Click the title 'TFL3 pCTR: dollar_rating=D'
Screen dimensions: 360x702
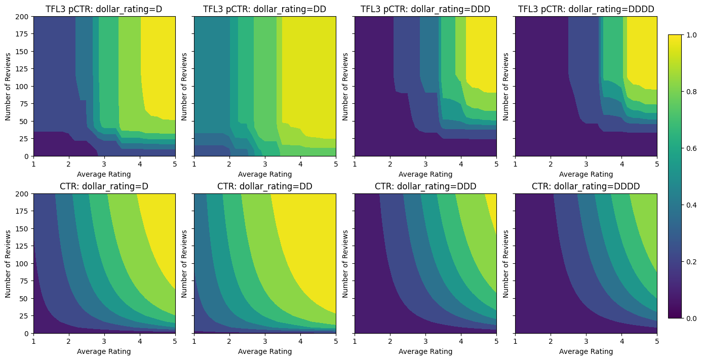click(104, 9)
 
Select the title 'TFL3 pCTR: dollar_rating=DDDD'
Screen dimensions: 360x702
click(586, 9)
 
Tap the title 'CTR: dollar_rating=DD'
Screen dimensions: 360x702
click(265, 186)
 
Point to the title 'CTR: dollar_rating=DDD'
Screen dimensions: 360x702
click(425, 186)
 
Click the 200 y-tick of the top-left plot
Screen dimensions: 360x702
click(23, 17)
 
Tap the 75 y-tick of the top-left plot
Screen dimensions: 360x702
click(25, 104)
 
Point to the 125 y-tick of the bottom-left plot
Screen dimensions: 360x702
click(23, 247)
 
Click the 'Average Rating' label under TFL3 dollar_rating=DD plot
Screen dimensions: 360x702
click(265, 174)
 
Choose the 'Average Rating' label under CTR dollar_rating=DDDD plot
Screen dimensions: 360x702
click(586, 351)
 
